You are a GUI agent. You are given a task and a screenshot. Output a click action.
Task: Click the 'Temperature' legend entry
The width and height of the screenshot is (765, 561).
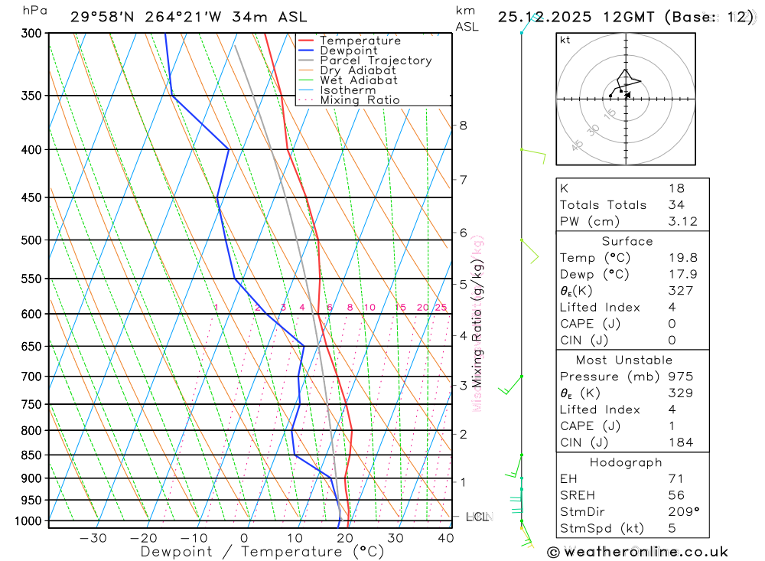[360, 41]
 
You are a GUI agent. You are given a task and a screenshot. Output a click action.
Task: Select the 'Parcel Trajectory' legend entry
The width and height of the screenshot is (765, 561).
[376, 60]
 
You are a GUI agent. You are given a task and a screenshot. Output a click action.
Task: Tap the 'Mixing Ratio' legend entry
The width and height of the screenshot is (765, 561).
[360, 100]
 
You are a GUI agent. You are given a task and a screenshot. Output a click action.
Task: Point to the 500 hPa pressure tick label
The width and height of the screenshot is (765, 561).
[31, 240]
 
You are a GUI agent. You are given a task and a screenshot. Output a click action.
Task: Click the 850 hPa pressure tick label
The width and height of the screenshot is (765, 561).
[31, 455]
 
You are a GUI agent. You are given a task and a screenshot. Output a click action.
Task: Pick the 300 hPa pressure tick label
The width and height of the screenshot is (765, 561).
[31, 34]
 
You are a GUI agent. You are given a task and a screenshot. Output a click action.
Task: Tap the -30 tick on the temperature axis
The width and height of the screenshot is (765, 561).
[93, 538]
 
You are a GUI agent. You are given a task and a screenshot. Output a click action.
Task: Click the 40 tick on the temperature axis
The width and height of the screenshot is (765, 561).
[445, 538]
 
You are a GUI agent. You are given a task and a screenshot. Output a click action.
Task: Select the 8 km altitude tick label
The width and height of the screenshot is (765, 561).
[463, 126]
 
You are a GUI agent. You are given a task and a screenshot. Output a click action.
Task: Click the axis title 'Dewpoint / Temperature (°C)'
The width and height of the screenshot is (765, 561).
[262, 551]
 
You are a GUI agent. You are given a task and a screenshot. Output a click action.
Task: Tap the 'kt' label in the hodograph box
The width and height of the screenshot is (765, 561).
[565, 40]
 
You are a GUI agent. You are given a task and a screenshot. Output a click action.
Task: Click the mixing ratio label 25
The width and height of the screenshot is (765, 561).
[441, 308]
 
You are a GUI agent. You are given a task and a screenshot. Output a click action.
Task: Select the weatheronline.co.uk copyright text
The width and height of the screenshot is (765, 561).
[637, 552]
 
